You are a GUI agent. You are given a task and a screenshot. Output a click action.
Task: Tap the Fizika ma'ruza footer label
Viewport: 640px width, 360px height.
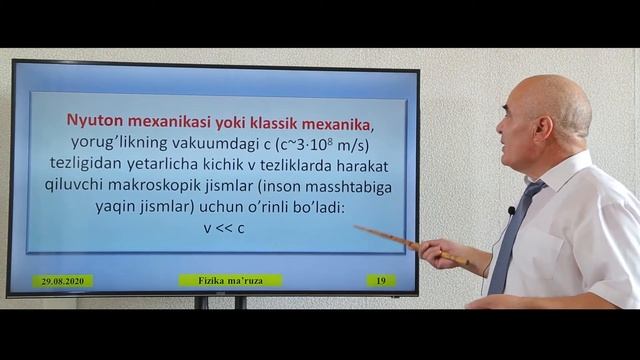point(230,281)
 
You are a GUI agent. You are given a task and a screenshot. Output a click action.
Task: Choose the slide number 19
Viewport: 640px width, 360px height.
point(380,281)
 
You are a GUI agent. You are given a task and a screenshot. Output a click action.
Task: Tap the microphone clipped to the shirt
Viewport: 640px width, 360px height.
point(511,211)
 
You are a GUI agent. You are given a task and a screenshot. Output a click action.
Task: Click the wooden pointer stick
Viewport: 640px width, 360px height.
point(405,242)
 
